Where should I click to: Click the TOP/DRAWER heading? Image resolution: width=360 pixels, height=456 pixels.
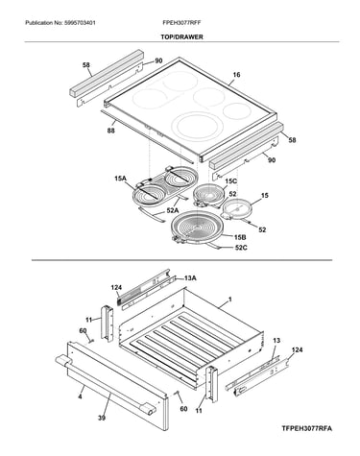pyautogui.click(x=181, y=37)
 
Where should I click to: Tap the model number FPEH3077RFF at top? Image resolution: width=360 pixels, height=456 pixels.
pyautogui.click(x=181, y=23)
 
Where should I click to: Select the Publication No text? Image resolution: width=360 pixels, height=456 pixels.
pyautogui.click(x=60, y=23)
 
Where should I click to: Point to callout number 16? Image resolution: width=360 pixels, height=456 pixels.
pyautogui.click(x=236, y=75)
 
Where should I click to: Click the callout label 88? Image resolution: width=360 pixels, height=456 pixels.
pyautogui.click(x=111, y=131)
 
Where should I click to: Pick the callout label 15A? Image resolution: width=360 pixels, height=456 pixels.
pyautogui.click(x=120, y=179)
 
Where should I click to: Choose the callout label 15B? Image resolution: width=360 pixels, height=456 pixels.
pyautogui.click(x=240, y=237)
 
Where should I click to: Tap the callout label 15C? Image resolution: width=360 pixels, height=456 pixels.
pyautogui.click(x=230, y=181)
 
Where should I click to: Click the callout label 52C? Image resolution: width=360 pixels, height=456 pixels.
pyautogui.click(x=241, y=248)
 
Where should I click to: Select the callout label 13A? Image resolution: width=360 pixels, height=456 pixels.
pyautogui.click(x=190, y=278)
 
